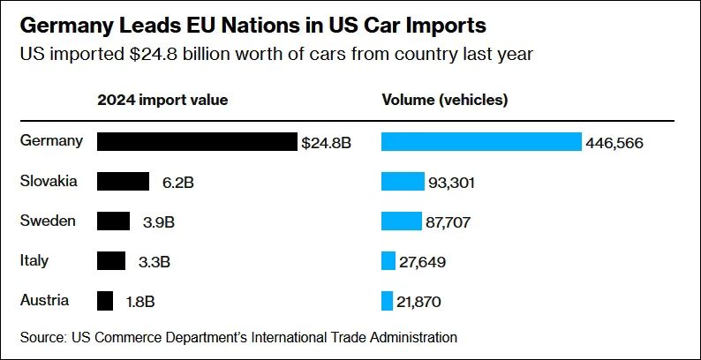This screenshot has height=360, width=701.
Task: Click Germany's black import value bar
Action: [x=196, y=142]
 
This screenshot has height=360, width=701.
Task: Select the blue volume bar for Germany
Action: [x=481, y=142]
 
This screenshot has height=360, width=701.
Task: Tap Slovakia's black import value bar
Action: [x=123, y=182]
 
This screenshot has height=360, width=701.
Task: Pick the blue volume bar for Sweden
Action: [x=402, y=221]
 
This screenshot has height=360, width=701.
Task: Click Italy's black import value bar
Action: [x=111, y=261]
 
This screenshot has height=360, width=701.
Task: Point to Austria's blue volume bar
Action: [x=387, y=301]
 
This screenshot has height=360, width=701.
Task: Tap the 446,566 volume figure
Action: [x=614, y=143]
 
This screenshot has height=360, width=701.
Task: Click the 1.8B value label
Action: [x=140, y=302]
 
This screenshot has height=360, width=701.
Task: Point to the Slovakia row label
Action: [x=49, y=181]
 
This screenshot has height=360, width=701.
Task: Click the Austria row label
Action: [x=44, y=300]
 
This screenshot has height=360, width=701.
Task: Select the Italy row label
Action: [x=34, y=260]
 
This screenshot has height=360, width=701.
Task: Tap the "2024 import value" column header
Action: [x=162, y=100]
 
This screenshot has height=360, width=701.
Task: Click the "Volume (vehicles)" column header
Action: [x=444, y=100]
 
